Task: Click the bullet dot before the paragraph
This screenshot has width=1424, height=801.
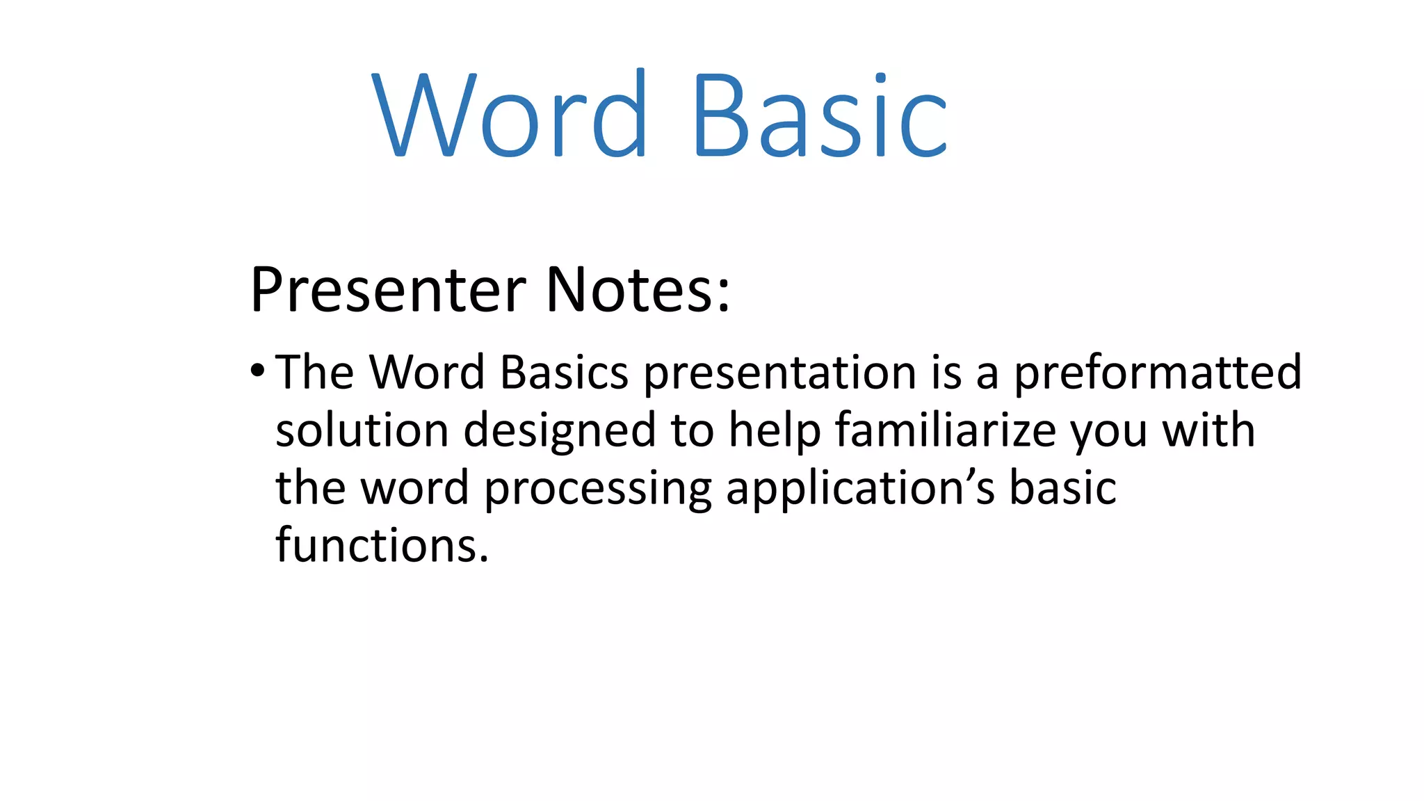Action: tap(258, 371)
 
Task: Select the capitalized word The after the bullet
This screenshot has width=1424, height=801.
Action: tap(315, 373)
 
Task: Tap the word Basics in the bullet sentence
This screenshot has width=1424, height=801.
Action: tap(564, 373)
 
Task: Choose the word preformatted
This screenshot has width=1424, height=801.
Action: tap(1158, 373)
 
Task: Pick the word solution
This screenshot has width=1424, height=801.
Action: tap(362, 430)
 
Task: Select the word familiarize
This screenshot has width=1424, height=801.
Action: tap(946, 430)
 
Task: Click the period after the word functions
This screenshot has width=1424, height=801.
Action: tap(484, 559)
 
